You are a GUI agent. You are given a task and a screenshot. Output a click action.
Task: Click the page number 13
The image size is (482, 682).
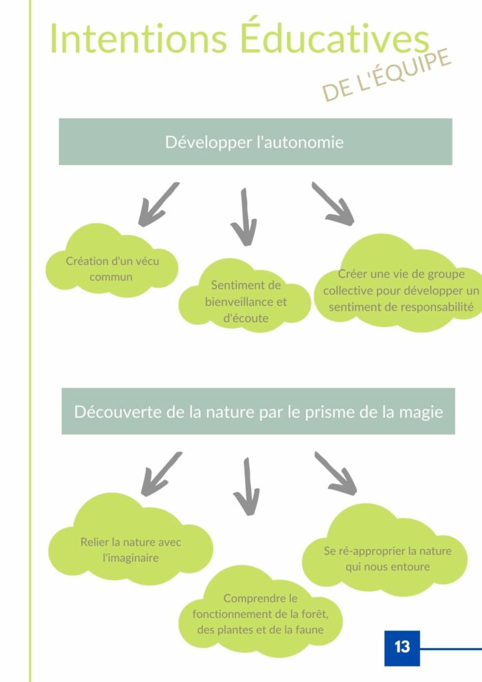point(402,647)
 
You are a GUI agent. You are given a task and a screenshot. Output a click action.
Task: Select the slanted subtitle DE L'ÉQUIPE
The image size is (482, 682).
point(386,75)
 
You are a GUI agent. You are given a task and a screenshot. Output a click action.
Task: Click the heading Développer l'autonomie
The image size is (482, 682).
point(254,143)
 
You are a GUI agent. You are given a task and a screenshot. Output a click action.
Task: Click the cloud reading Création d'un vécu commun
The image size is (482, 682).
point(112,261)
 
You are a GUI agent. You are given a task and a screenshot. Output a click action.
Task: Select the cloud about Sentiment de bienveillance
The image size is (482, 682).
point(245,296)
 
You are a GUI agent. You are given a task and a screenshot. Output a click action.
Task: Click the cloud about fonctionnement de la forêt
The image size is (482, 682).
point(260,612)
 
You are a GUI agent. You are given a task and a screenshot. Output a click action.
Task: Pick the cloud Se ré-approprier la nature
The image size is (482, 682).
point(385,551)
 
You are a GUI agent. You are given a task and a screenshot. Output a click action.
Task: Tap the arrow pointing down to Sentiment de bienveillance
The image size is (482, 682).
point(244,217)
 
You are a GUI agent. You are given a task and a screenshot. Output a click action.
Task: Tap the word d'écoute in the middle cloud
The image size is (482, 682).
point(246,318)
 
